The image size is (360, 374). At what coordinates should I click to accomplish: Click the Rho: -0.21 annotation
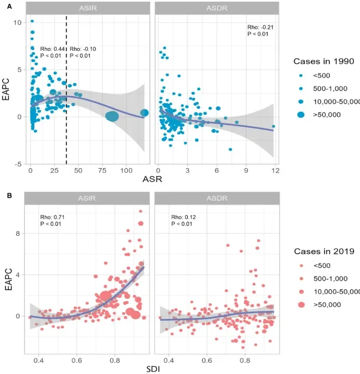tap(258, 28)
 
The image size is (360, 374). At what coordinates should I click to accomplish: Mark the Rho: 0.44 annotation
tap(52, 49)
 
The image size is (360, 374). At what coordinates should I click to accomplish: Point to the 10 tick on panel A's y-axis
tap(18, 22)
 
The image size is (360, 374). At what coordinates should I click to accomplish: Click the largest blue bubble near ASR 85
tap(112, 116)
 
